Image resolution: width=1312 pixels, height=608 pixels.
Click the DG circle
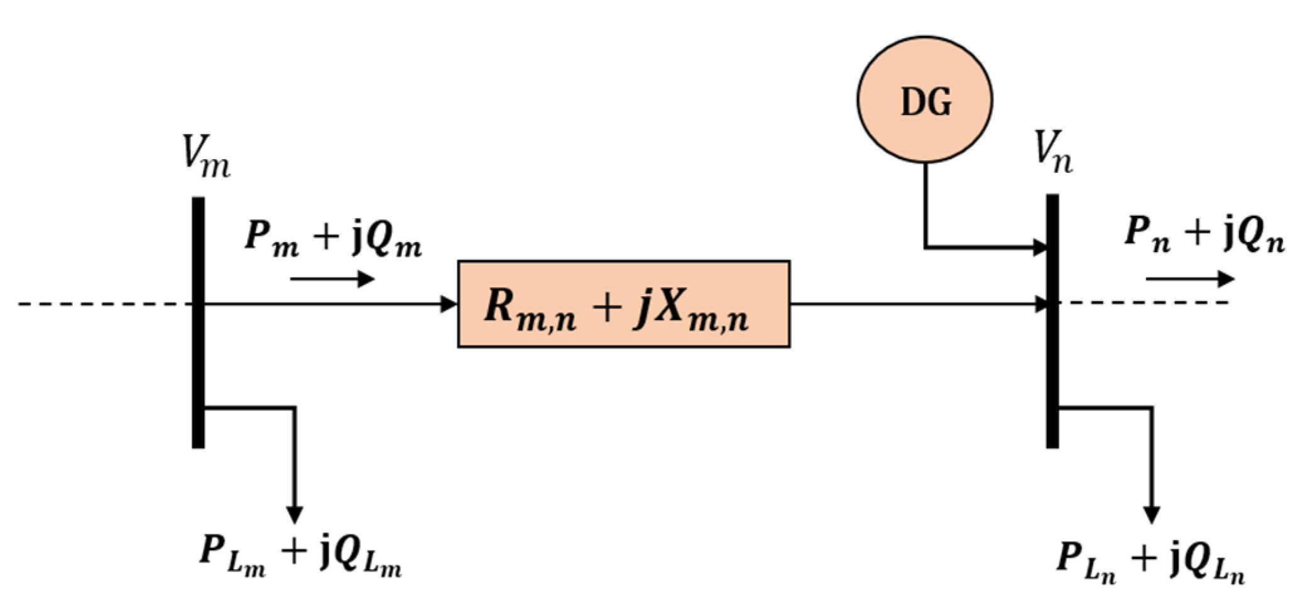[924, 100]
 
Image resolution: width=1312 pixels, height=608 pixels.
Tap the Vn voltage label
[1053, 153]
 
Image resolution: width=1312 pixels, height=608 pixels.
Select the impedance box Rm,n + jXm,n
[623, 304]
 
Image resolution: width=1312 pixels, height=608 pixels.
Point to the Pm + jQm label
[333, 239]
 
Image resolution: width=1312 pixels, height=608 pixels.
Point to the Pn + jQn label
[1204, 234]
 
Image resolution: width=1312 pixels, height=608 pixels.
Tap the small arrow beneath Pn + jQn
[1189, 279]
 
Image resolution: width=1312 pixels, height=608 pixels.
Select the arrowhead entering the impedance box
[449, 304]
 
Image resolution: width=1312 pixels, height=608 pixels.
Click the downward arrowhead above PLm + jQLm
[294, 514]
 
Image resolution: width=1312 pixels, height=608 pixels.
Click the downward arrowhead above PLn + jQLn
[1151, 514]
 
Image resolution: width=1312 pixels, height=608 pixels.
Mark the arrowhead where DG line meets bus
[1040, 247]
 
